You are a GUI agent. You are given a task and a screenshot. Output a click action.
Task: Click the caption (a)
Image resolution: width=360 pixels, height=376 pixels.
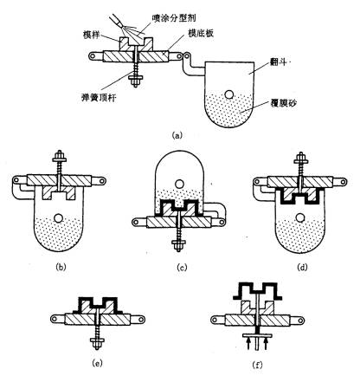pos(178,135)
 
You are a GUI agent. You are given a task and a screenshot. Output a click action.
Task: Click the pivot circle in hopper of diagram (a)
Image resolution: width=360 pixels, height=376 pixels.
pos(229,94)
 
